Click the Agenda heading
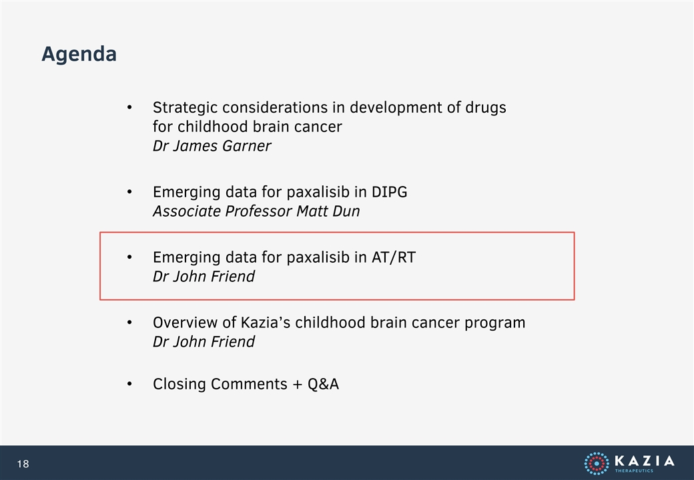coord(79,55)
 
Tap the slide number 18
coord(23,463)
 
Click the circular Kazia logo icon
coord(597,463)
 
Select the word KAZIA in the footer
coord(645,461)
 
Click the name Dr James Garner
coord(212,146)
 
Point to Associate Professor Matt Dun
coord(256,211)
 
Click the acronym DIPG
coord(390,192)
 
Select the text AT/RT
coord(394,257)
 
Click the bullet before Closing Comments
coord(129,384)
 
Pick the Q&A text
coord(323,384)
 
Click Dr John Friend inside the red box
coord(204,277)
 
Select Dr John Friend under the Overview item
coord(204,342)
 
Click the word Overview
coord(186,323)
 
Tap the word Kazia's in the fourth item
coord(266,323)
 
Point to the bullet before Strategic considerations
coord(129,107)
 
